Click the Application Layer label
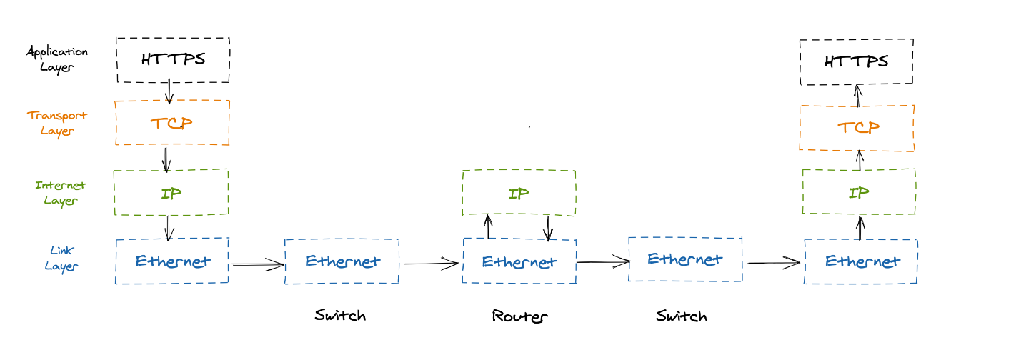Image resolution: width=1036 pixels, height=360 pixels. click(x=57, y=59)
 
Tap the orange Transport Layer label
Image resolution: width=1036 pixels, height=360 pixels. click(x=57, y=123)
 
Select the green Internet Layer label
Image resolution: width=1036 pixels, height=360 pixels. click(x=60, y=193)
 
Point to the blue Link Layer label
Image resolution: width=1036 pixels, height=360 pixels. click(x=61, y=258)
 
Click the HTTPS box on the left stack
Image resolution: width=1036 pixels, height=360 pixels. click(x=172, y=60)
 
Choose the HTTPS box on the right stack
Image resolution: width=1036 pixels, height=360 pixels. click(x=856, y=62)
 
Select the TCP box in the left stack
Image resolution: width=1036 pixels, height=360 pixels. click(x=172, y=123)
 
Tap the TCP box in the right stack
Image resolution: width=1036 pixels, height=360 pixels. click(x=857, y=128)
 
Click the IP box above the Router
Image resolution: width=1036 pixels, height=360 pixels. click(x=519, y=193)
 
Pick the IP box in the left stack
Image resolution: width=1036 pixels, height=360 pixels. click(x=171, y=192)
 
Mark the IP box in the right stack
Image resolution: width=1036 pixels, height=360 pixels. click(x=859, y=191)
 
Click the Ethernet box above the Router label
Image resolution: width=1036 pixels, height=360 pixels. click(x=519, y=261)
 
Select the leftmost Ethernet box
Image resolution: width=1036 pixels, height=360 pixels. click(x=172, y=261)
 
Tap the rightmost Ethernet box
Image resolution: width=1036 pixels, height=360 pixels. click(x=861, y=261)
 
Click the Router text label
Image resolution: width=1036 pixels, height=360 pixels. click(x=519, y=316)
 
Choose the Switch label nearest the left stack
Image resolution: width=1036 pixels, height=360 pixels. click(x=340, y=315)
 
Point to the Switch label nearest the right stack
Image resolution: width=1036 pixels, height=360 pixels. click(x=682, y=316)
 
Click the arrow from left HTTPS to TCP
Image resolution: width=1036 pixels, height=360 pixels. click(x=169, y=91)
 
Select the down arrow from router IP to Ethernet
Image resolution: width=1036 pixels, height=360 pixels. click(x=548, y=228)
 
